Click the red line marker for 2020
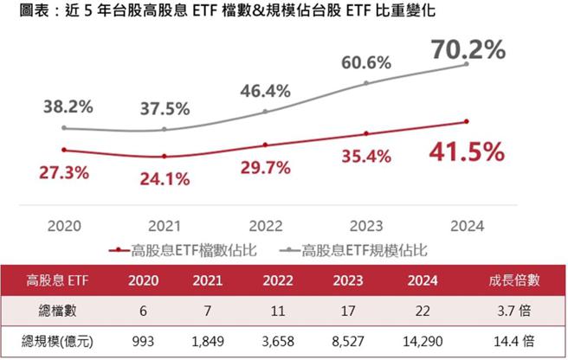64,150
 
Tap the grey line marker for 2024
467,64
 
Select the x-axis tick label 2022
266,226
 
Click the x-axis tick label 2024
467,226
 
